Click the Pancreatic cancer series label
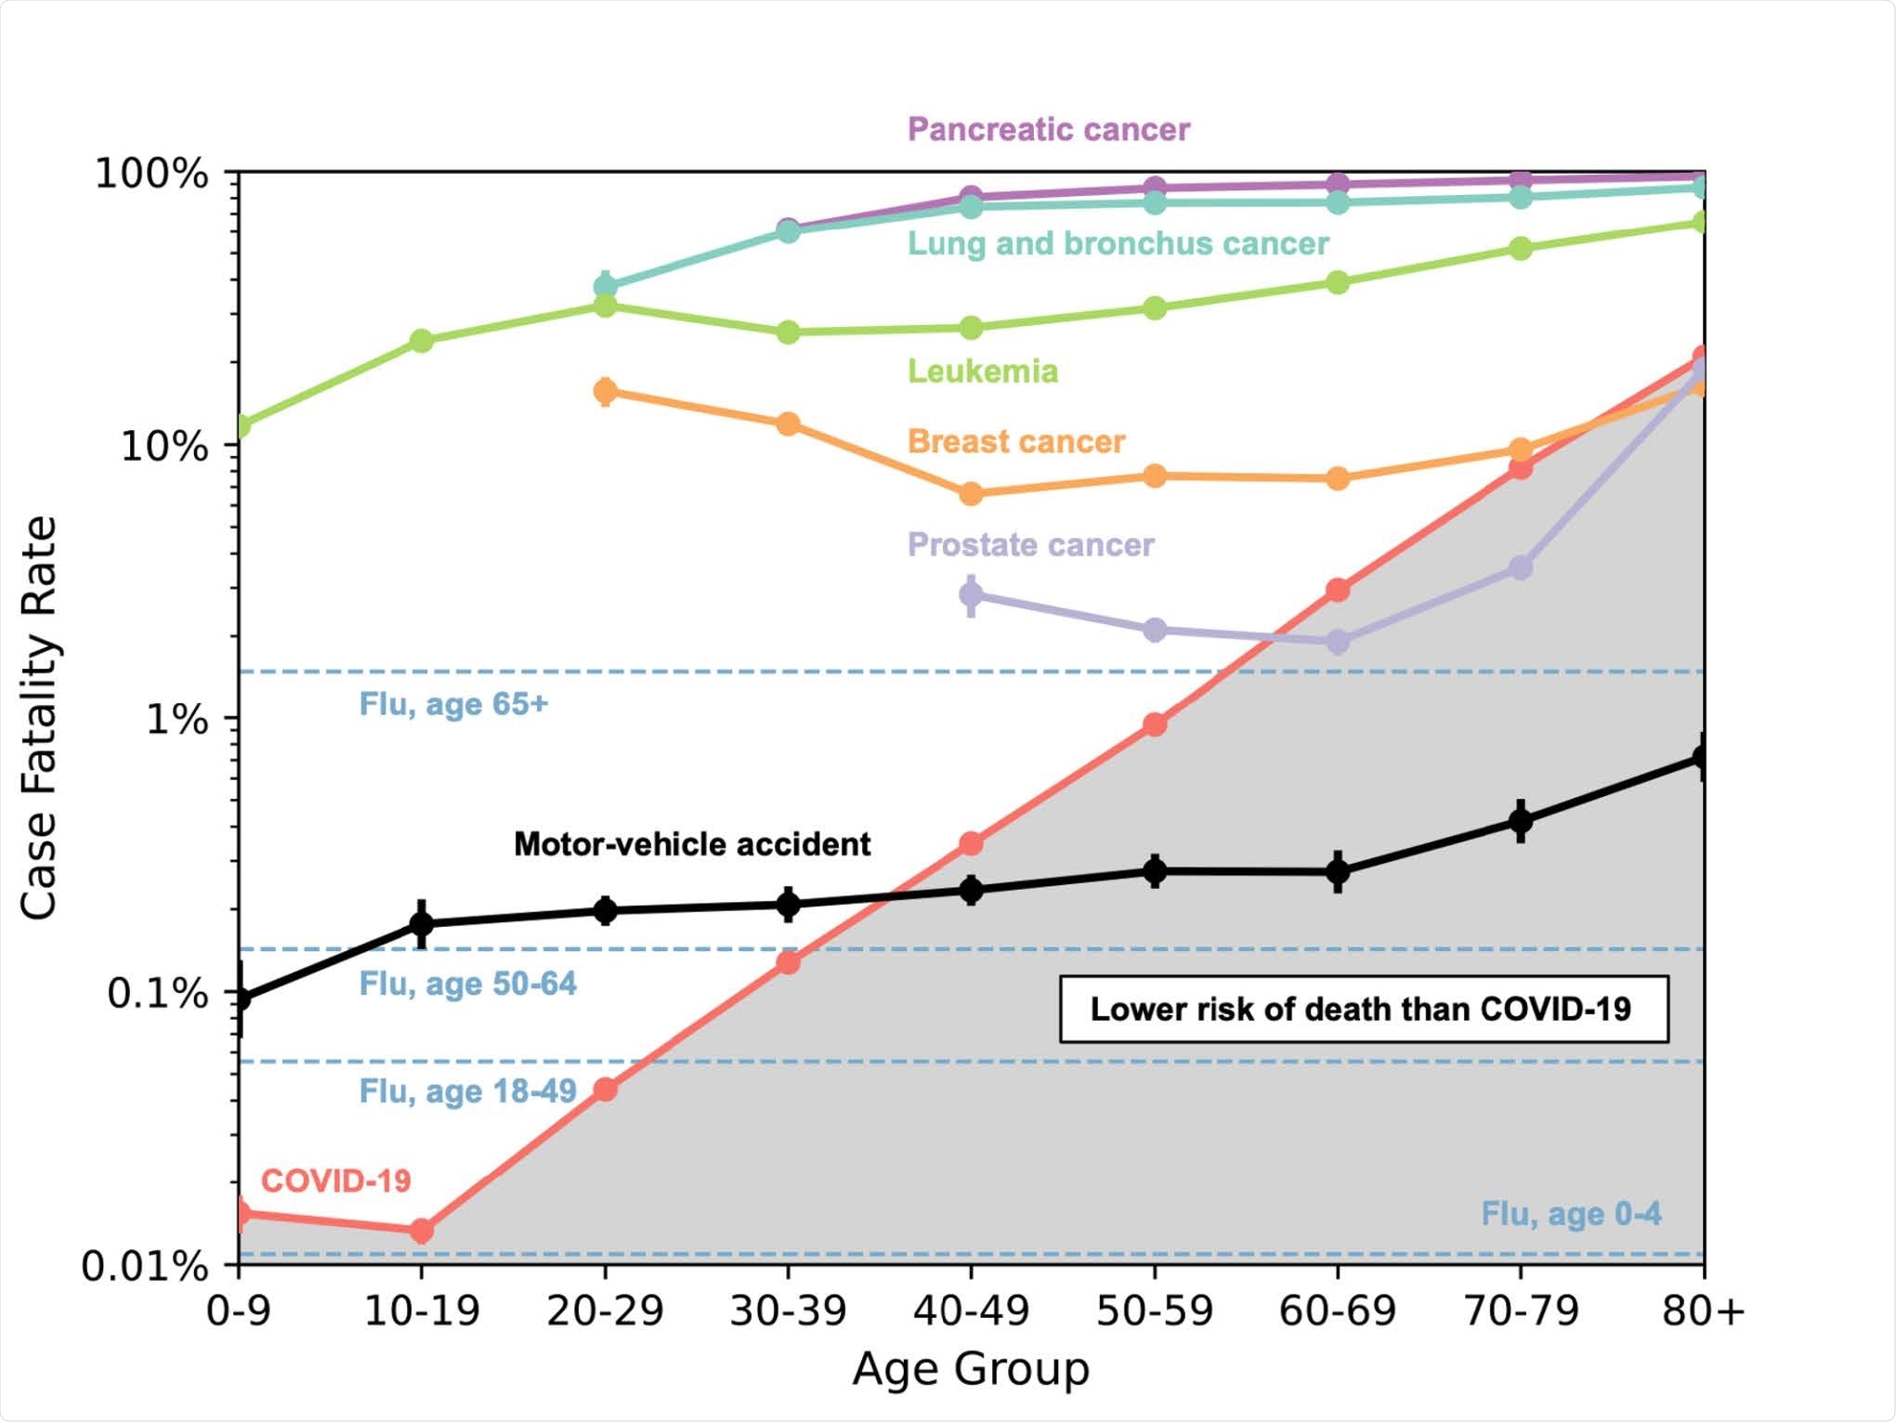[1048, 130]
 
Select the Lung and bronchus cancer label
[1118, 244]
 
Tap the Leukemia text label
[982, 372]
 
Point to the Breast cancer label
[1015, 442]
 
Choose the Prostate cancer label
[1030, 545]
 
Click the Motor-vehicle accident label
[692, 844]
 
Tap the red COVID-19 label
[335, 1181]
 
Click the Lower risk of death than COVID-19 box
[1363, 1010]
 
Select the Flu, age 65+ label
[453, 704]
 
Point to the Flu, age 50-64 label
[467, 985]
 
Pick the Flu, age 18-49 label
[467, 1091]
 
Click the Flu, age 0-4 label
[1570, 1214]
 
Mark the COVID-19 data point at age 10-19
[422, 1231]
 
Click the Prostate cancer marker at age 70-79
[1521, 567]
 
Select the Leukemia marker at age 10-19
[422, 341]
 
